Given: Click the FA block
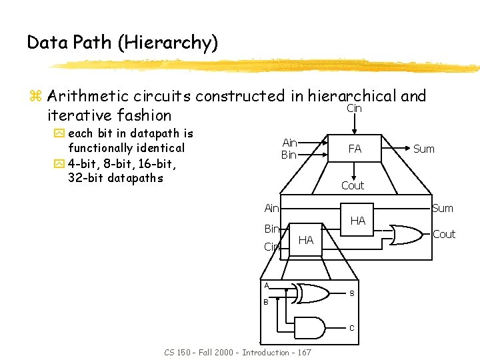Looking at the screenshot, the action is [x=355, y=149].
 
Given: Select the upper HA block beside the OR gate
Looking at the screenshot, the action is [x=358, y=221].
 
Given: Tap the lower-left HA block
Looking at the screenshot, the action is [x=305, y=239].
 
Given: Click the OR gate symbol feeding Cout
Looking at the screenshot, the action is [x=406, y=234].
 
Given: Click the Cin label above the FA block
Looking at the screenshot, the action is [x=354, y=108].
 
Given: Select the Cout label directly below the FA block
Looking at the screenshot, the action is [x=353, y=185].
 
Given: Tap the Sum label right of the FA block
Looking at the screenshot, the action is [x=424, y=149].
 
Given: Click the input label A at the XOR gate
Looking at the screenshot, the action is [x=266, y=285].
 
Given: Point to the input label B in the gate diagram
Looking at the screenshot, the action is [x=265, y=302].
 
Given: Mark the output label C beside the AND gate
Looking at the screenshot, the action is [x=352, y=327].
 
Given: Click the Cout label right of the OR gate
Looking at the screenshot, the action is [x=444, y=234].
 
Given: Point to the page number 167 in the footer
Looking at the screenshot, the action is [x=303, y=352].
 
